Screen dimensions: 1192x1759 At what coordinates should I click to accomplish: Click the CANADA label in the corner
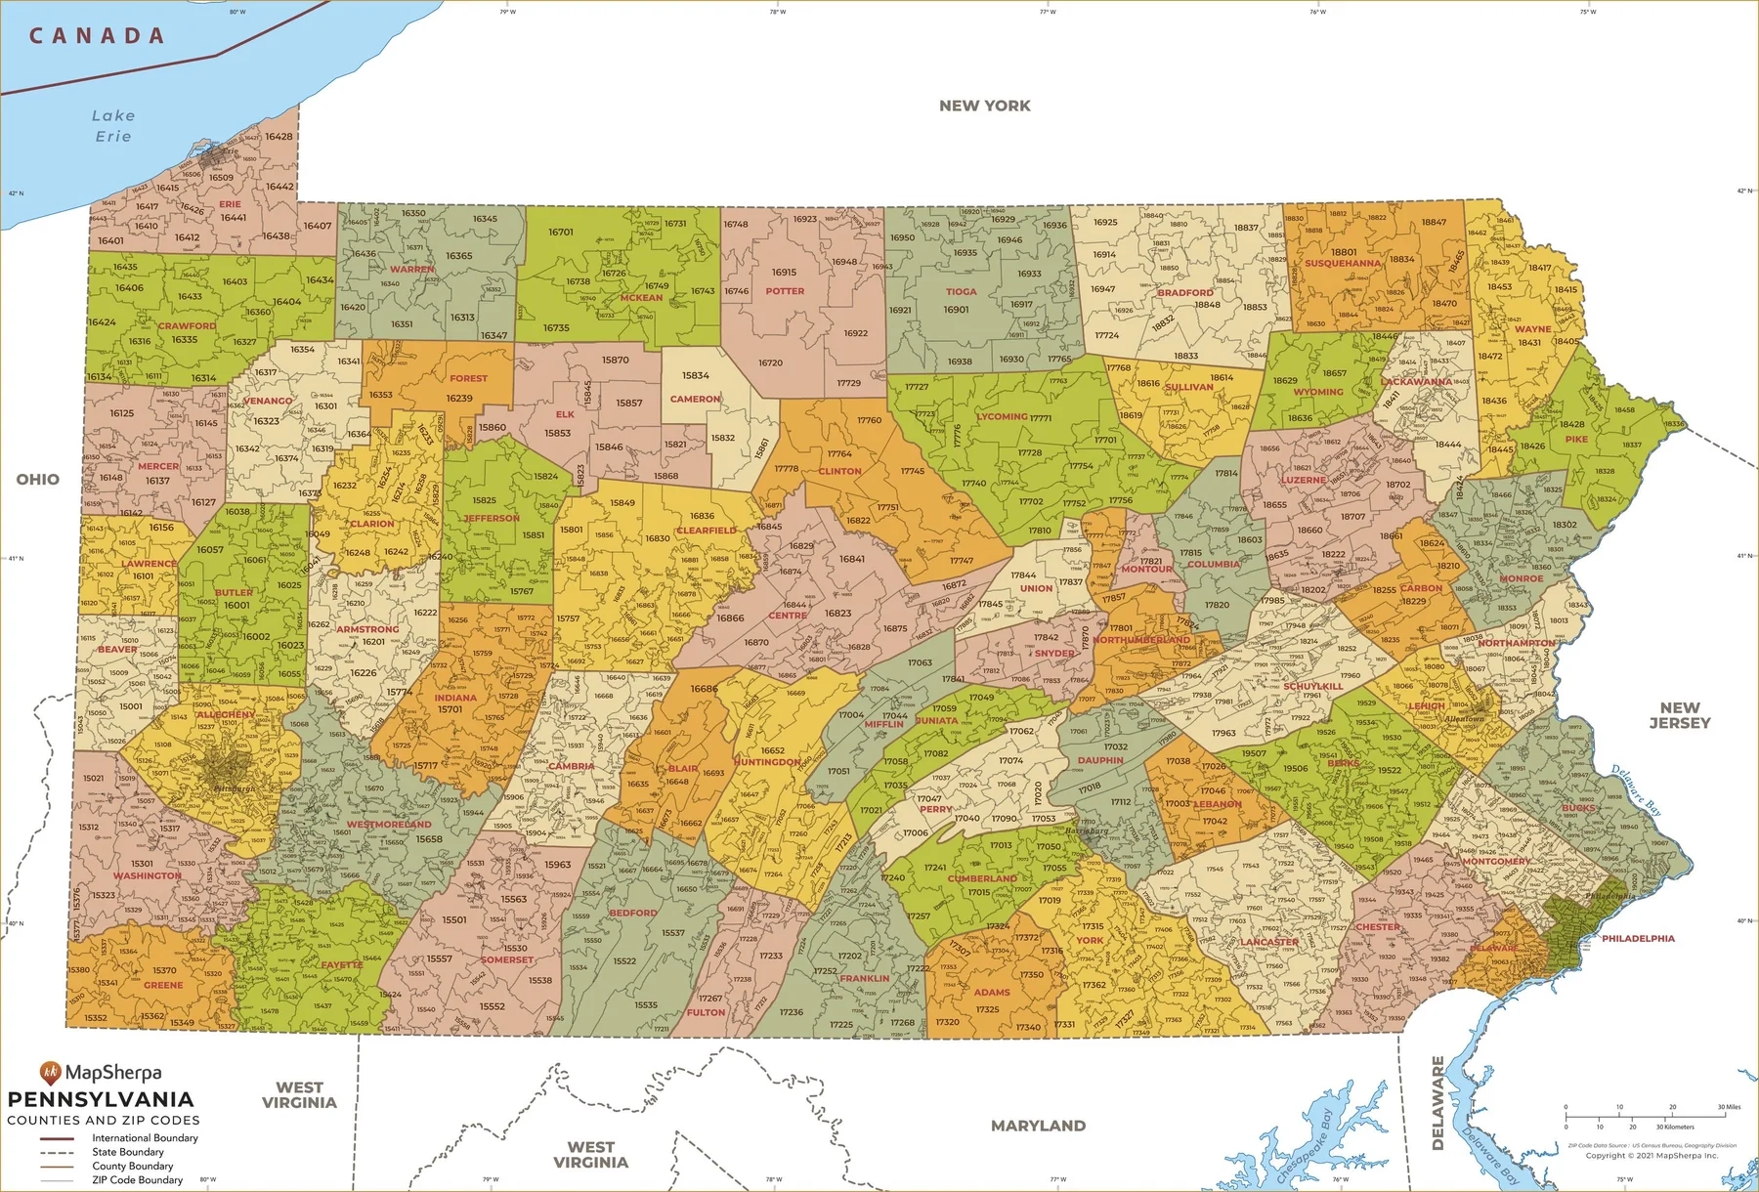click(97, 36)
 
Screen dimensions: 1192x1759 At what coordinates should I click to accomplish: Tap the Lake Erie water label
click(113, 126)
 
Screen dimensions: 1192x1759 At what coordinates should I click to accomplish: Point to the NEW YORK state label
click(984, 106)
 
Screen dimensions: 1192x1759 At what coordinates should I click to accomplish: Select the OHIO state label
click(37, 479)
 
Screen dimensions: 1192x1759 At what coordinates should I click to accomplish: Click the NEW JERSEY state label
click(1679, 715)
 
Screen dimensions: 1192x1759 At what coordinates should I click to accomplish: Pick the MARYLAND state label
click(1038, 1126)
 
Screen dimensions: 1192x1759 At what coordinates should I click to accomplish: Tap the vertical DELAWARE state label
click(1437, 1102)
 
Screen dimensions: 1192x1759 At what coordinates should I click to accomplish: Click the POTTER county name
click(785, 291)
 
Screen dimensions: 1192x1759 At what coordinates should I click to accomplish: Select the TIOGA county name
click(961, 291)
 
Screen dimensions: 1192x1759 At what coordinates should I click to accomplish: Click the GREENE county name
click(163, 985)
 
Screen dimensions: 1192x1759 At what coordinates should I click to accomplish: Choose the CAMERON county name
click(695, 399)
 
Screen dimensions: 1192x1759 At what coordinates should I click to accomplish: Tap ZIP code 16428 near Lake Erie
click(279, 137)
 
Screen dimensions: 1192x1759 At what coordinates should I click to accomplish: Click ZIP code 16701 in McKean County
click(561, 233)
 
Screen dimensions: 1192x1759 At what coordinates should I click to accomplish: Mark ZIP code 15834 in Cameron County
click(696, 375)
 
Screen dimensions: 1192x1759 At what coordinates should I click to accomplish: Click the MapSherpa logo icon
click(50, 1072)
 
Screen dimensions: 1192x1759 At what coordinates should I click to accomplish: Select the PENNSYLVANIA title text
click(101, 1099)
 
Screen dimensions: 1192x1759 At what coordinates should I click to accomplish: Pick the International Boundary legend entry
click(145, 1137)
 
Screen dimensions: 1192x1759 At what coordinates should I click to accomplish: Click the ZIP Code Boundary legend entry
click(137, 1179)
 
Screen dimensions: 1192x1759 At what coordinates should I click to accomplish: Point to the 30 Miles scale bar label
click(1729, 1107)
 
